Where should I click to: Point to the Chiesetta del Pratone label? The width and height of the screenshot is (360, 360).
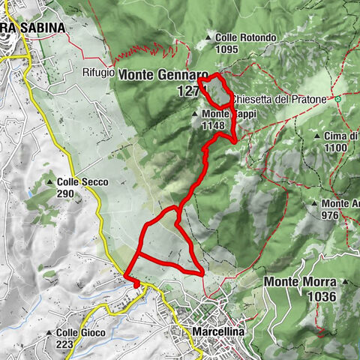pos(280,99)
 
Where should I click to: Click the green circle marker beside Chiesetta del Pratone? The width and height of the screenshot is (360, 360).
pos(338,98)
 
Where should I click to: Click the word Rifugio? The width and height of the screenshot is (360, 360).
pos(99,73)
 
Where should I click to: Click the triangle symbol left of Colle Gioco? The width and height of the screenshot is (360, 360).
pos(49,333)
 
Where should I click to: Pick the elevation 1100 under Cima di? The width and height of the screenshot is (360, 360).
pos(335,148)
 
